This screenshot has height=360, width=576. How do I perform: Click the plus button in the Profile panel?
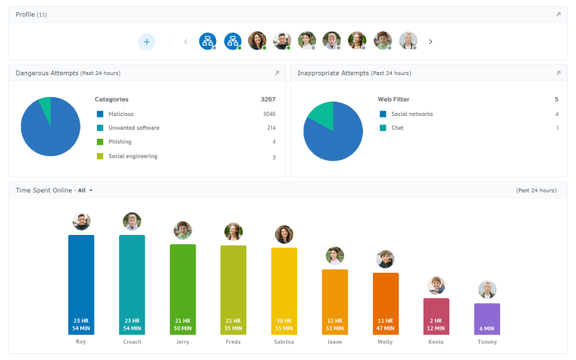click(146, 42)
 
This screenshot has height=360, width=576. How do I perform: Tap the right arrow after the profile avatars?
click(430, 42)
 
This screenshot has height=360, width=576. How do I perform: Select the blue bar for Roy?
click(81, 284)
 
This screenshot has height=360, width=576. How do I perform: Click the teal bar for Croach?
click(132, 284)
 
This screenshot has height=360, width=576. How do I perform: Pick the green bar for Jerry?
click(183, 289)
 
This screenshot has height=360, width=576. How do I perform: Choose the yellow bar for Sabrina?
click(284, 290)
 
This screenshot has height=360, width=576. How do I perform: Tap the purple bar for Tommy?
click(487, 319)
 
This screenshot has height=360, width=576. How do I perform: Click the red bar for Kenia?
click(437, 316)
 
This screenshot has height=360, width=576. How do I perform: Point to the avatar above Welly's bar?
click(385, 259)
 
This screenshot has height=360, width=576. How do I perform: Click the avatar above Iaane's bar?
click(335, 255)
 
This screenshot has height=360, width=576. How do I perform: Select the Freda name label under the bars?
click(233, 342)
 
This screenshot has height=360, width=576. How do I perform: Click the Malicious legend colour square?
click(99, 114)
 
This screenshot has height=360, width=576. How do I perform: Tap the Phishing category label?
click(120, 142)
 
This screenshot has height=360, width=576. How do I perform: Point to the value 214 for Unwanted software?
click(271, 128)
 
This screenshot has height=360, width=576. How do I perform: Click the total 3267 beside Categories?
click(268, 99)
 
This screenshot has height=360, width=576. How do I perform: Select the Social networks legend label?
click(412, 114)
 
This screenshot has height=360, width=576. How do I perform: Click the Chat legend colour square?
click(383, 128)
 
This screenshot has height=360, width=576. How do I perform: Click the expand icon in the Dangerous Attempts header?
click(277, 74)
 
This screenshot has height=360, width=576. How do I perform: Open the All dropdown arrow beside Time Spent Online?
click(91, 190)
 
